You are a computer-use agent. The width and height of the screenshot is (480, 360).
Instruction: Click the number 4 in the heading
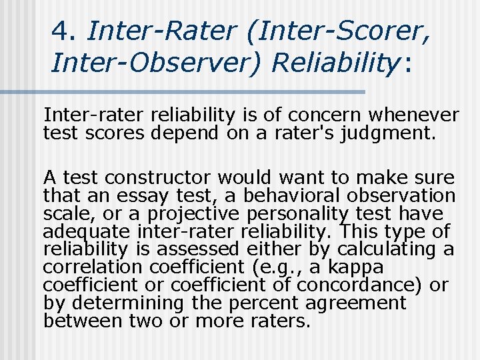[61, 31]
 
